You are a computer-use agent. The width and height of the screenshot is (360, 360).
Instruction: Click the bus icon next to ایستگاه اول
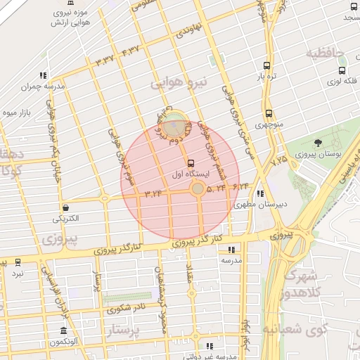(x=191, y=163)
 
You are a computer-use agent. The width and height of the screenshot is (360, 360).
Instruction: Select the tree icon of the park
(x=319, y=142)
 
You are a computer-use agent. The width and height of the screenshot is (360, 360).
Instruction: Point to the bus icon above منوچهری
(x=269, y=113)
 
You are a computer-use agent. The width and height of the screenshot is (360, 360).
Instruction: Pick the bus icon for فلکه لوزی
(x=342, y=70)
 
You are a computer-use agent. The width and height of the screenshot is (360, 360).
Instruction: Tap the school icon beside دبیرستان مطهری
(x=261, y=193)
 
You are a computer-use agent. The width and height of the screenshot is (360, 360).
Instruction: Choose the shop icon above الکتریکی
(x=65, y=207)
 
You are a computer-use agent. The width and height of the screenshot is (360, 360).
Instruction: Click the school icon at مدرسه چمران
(x=43, y=75)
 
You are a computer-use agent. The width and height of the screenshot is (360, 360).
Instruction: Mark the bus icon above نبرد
(x=18, y=262)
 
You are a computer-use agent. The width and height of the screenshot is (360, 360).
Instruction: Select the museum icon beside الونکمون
(x=64, y=331)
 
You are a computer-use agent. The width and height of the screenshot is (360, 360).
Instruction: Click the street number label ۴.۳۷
(x=131, y=49)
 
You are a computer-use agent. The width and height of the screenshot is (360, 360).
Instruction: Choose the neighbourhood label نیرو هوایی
(x=176, y=83)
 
